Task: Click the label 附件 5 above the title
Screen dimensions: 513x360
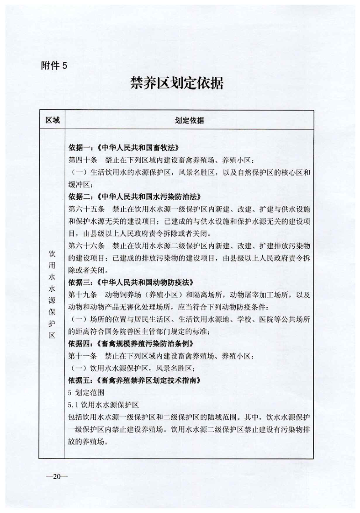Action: (54, 65)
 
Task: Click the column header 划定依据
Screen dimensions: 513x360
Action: (189, 121)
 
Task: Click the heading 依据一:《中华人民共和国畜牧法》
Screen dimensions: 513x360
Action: (123, 148)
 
